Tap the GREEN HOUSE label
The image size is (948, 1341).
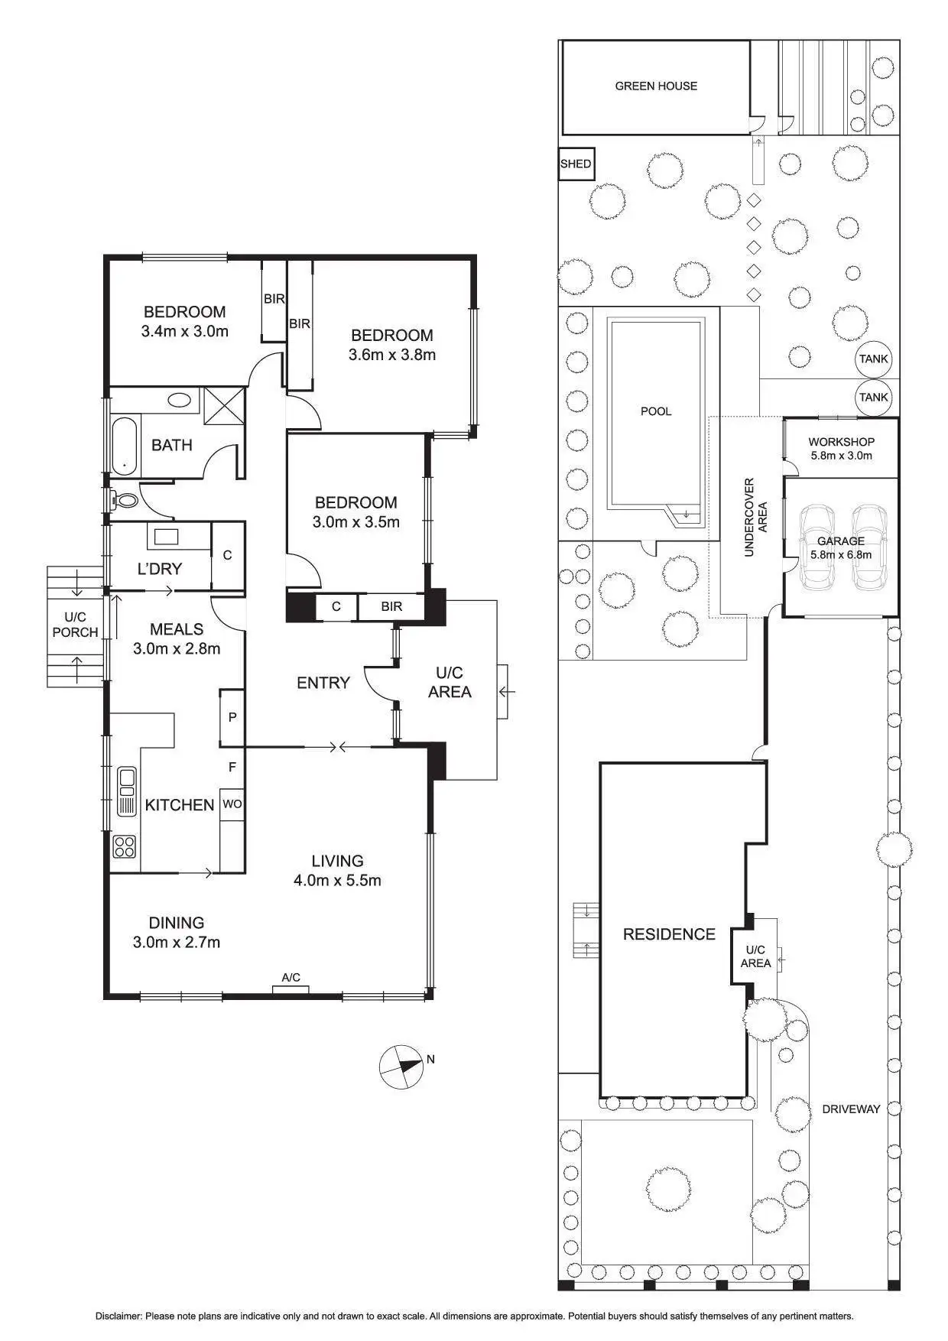[x=656, y=86]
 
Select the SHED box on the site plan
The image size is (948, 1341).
[x=576, y=164]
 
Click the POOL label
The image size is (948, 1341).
[x=656, y=411]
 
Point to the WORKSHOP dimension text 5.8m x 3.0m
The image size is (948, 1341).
[x=841, y=456]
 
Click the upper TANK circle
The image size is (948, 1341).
[x=873, y=359]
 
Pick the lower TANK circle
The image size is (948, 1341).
[x=873, y=397]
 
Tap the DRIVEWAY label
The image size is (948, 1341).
[x=851, y=1109]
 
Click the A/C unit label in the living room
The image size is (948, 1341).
[x=291, y=978]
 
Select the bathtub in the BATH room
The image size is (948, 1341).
[x=125, y=446]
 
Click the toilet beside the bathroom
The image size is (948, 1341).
[x=124, y=501]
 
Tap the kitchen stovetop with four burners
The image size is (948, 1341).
[x=125, y=846]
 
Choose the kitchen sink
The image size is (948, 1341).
[x=126, y=791]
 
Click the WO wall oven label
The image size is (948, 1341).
[x=232, y=804]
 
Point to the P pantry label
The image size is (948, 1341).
[x=232, y=717]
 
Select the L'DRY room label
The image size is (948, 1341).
[x=160, y=569]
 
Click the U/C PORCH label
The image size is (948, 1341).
[x=75, y=625]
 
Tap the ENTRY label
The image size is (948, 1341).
[x=323, y=683]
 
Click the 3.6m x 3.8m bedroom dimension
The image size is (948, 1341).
[x=391, y=355]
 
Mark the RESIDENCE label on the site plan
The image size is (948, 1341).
[x=669, y=934]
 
